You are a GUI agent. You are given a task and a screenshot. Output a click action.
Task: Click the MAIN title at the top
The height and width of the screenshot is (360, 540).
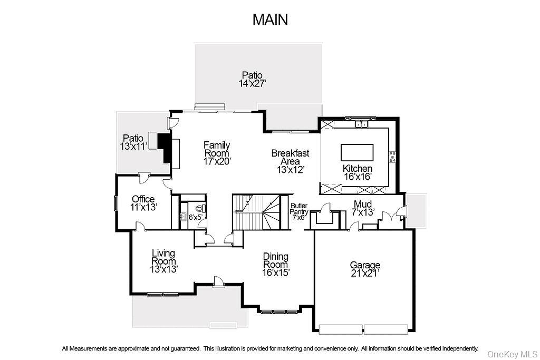tap(270, 20)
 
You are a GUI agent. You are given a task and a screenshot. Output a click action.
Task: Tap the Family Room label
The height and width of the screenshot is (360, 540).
tap(217, 153)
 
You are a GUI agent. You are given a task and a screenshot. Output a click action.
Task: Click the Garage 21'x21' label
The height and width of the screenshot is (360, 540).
tap(365, 269)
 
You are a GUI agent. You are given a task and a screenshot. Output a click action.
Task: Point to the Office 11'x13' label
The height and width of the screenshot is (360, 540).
tap(143, 203)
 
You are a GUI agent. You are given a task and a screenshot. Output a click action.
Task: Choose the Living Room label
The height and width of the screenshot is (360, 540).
tap(163, 261)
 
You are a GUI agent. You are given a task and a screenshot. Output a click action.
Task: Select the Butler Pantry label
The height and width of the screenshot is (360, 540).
tap(299, 211)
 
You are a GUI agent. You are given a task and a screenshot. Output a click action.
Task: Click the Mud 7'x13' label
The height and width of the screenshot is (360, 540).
tap(363, 208)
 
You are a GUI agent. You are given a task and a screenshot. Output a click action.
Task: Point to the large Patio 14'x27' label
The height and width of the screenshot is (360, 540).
tap(252, 79)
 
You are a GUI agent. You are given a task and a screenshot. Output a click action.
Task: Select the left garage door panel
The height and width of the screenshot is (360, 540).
tap(341, 329)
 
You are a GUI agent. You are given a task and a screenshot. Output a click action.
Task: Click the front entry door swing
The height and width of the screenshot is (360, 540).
tap(218, 281)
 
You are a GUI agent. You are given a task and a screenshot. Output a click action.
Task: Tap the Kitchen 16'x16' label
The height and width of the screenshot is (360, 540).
tap(358, 172)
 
